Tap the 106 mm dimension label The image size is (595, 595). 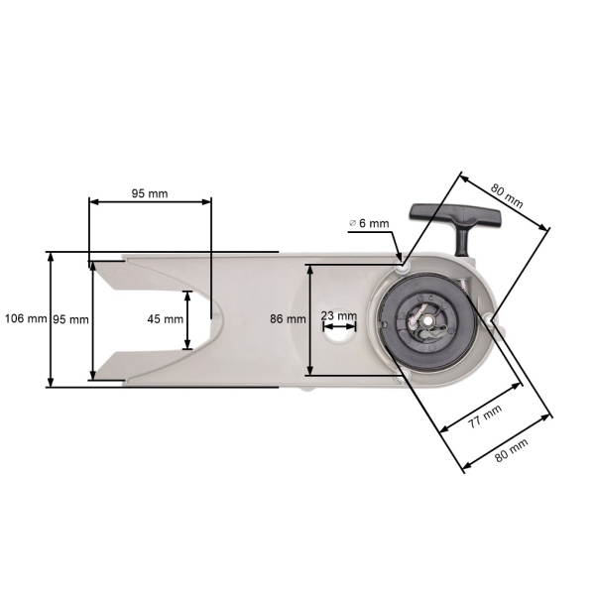pyautogui.click(x=25, y=319)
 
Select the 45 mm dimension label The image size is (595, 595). pyautogui.click(x=165, y=319)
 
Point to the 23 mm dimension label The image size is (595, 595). pyautogui.click(x=339, y=316)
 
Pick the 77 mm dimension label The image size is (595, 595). pyautogui.click(x=485, y=417)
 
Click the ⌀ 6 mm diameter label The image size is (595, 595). pyautogui.click(x=369, y=224)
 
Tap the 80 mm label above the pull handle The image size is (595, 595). pyautogui.click(x=508, y=189)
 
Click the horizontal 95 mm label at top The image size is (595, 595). pyautogui.click(x=150, y=193)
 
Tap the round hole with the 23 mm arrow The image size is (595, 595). pyautogui.click(x=341, y=334)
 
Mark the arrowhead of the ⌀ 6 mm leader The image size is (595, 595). pyautogui.click(x=399, y=257)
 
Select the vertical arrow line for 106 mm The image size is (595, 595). pyautogui.click(x=51, y=319)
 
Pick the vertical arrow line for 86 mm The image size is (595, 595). pyautogui.click(x=308, y=319)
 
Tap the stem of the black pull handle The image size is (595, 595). pyautogui.click(x=462, y=239)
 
